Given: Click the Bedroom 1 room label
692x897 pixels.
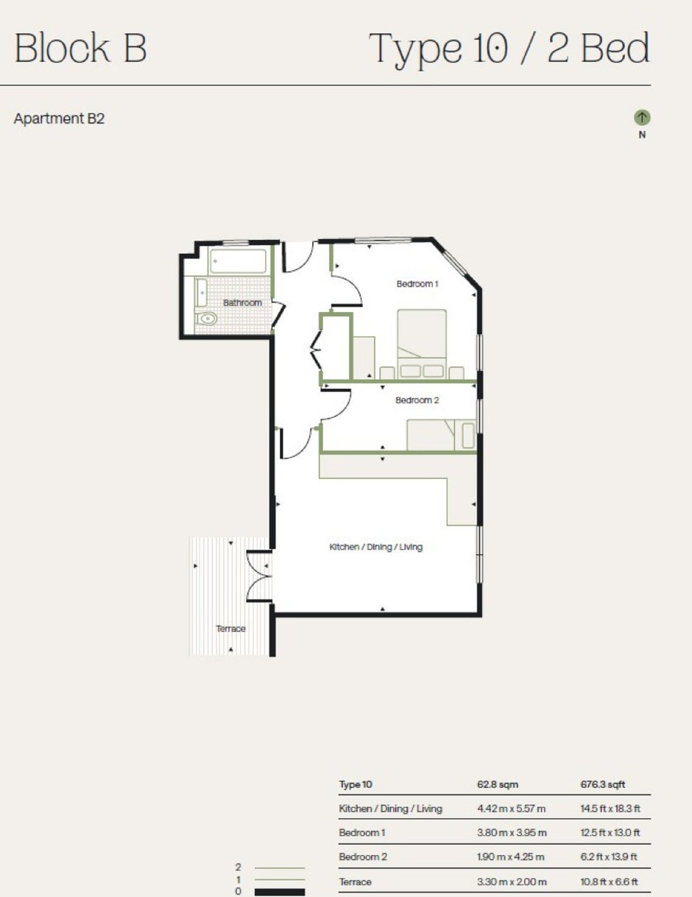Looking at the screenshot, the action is pos(417,283).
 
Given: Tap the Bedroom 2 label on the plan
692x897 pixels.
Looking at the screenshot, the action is pos(417,400).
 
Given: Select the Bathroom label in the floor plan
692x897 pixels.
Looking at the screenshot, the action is pos(242,302).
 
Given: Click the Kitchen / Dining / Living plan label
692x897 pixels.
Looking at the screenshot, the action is pos(375,547).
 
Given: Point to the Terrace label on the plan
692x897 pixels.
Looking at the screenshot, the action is pos(230,628).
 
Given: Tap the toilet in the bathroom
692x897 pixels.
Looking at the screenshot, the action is pos(206,319).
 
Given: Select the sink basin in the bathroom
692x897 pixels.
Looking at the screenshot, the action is pos(202,293).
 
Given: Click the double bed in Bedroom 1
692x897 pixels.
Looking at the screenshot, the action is pos(422,344).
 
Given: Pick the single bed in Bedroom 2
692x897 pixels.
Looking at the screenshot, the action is pos(442,435).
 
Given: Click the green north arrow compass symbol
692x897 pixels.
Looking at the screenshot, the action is pos(642,118).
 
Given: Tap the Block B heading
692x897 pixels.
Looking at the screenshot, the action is pos(80,48).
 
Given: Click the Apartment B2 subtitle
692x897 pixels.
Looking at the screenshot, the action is pos(59,119).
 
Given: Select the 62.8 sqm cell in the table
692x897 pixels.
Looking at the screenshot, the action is pos(498,784).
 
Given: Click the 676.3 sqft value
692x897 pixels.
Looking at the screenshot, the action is pos(603,784).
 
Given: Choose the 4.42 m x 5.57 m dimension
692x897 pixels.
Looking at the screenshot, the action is pos(511,809).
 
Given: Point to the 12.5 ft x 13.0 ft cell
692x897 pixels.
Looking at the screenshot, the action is pos(610,832).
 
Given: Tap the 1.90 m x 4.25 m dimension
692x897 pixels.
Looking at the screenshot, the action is pos(511,857).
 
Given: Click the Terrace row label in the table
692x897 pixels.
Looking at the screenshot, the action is pos(355,882).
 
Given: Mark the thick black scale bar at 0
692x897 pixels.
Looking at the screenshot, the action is pos(280,893).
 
